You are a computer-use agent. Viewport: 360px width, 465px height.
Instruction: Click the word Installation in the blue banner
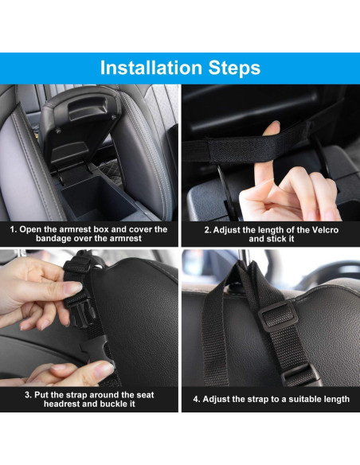tap(151, 68)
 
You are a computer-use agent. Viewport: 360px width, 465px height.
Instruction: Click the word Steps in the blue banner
tap(234, 68)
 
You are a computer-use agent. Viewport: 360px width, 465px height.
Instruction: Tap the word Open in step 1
tap(30, 229)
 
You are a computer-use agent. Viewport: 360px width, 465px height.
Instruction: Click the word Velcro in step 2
tap(324, 230)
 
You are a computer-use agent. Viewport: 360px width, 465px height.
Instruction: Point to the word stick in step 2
tap(279, 239)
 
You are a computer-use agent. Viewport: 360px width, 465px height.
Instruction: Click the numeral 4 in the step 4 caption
tap(196, 399)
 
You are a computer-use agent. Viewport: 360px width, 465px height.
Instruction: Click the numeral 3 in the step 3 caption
tap(28, 395)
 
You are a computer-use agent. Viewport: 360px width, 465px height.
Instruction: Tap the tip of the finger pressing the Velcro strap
tap(275, 124)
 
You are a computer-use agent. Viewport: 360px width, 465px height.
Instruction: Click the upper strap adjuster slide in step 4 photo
tap(277, 315)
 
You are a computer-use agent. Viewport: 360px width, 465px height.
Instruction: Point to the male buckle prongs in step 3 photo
tap(83, 312)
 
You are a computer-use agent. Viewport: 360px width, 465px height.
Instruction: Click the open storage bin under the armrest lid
tap(98, 198)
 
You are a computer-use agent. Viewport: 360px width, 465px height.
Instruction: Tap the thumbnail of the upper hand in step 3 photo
tap(72, 287)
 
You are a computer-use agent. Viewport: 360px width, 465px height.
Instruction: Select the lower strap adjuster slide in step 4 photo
tap(299, 375)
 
